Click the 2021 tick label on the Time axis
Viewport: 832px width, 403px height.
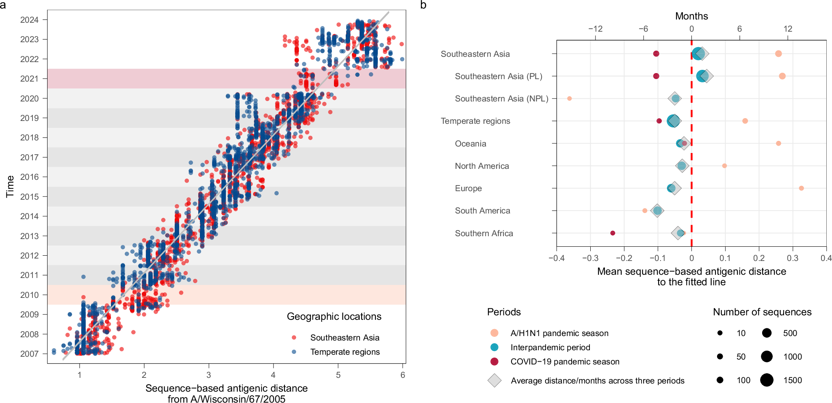coord(29,79)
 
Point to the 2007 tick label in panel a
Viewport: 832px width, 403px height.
coord(29,354)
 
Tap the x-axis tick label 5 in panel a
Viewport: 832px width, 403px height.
coord(338,375)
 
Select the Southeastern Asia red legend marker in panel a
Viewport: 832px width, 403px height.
coord(294,338)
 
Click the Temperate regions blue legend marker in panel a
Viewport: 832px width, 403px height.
coord(294,352)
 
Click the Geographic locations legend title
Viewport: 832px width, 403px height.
coord(334,317)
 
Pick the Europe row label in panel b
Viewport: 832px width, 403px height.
coord(468,188)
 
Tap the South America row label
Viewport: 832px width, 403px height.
coord(482,211)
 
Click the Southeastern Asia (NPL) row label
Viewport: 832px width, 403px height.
coord(501,99)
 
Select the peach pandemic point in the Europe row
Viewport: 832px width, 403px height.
coord(801,188)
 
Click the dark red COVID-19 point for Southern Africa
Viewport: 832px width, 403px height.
coord(613,233)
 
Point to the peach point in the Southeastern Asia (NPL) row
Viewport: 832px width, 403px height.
coord(569,99)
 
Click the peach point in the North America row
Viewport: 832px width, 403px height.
coord(724,166)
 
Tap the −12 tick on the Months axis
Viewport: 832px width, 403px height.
coord(595,29)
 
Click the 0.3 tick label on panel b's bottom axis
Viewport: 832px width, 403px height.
coord(793,258)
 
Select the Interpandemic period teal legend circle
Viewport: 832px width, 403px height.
coord(494,347)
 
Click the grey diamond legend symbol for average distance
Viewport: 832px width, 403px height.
coord(494,381)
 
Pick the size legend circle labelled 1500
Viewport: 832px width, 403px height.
coord(767,380)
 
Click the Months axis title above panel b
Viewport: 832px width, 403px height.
coord(691,16)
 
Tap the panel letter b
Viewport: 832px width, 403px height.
coord(423,5)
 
